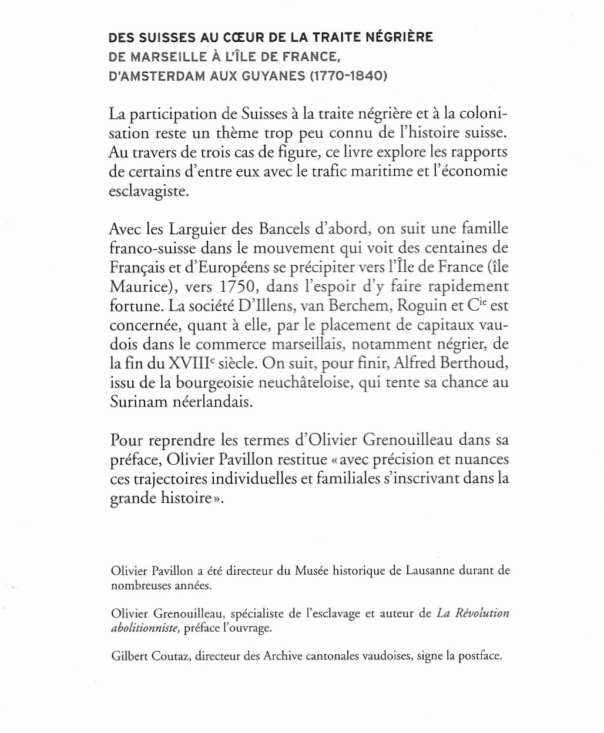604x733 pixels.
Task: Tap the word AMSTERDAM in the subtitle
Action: coord(162,76)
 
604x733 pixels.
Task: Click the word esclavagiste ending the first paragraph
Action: coord(149,192)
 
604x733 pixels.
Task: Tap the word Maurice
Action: coord(138,286)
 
